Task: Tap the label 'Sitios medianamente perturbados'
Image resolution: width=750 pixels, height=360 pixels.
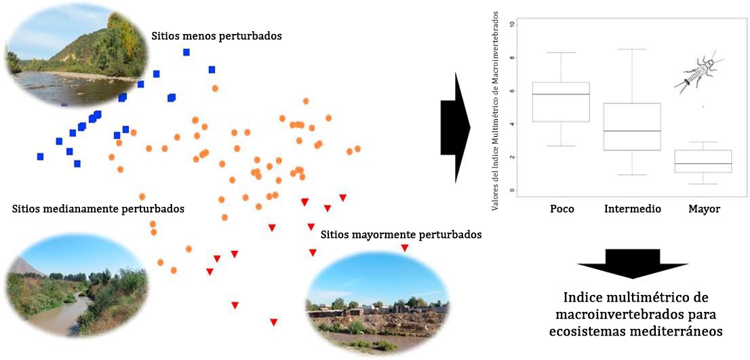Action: [x=98, y=208]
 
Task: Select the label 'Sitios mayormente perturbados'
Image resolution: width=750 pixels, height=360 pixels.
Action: [x=401, y=235]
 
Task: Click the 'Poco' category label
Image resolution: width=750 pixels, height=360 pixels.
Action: [x=561, y=209]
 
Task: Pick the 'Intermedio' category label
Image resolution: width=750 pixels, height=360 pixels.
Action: [x=632, y=209]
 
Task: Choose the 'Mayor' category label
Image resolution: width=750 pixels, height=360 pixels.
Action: [x=704, y=209]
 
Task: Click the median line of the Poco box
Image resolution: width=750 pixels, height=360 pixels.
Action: [x=561, y=94]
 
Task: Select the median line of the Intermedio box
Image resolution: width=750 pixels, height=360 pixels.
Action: [x=632, y=131]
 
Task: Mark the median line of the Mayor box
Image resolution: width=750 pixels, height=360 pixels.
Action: [x=703, y=164]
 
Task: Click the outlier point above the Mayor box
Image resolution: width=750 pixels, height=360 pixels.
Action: [x=703, y=106]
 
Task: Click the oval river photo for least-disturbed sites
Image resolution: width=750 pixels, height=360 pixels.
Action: [x=76, y=54]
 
